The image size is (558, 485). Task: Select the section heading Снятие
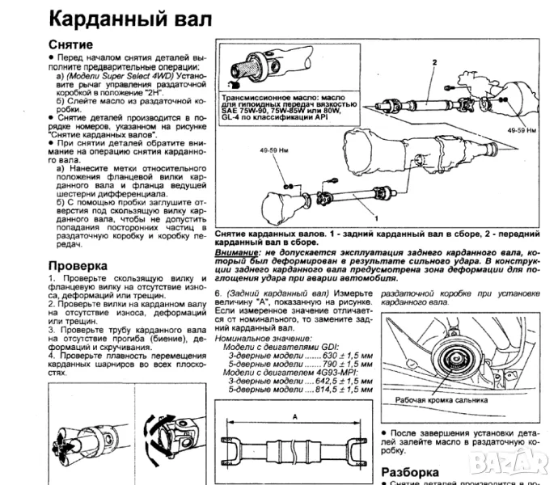coord(71,44)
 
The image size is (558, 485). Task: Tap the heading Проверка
coord(78,265)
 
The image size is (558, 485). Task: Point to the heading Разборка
coord(410,471)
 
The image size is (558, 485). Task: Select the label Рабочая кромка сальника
coord(442,399)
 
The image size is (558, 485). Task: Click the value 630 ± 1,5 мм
coord(347,333)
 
